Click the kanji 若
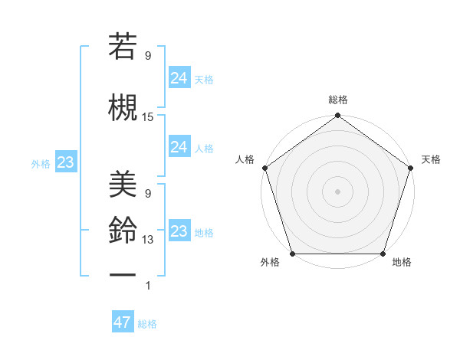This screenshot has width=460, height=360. [123, 47]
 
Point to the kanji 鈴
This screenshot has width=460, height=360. [123, 229]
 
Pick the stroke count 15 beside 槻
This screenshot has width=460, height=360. [148, 117]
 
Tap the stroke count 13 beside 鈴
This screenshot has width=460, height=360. [148, 240]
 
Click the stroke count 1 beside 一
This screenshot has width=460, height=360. [148, 286]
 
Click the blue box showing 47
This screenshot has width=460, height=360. [123, 322]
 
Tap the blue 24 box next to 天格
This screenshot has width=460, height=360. [179, 77]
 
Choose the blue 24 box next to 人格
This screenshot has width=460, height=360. [179, 147]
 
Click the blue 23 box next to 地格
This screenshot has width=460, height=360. [179, 231]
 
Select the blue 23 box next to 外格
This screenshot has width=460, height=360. [65, 162]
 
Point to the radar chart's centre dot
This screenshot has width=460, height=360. [337, 191]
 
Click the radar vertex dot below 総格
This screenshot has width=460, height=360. [337, 116]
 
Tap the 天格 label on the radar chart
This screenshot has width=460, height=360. [431, 159]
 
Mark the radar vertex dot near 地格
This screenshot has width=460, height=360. [383, 254]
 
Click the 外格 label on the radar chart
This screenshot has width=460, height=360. [270, 263]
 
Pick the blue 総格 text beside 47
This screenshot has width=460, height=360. [147, 324]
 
